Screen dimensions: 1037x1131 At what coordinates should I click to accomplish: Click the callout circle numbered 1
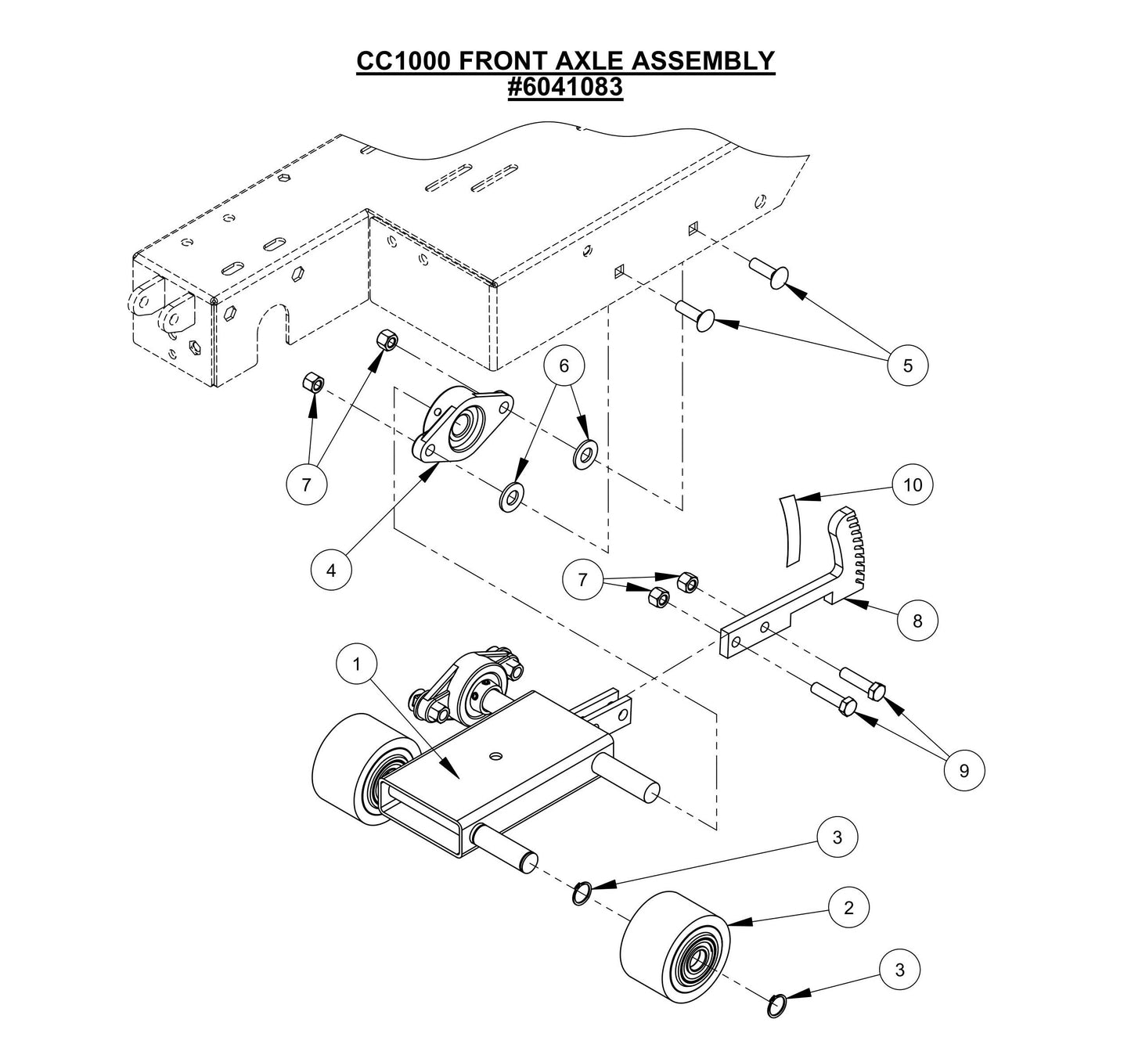(x=356, y=664)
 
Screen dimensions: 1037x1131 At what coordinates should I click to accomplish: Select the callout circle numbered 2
(x=848, y=907)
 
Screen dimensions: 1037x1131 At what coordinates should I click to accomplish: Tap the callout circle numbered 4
(x=331, y=570)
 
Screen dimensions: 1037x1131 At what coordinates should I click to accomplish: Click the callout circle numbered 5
(x=907, y=365)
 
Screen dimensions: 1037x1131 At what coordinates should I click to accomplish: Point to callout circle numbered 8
(x=917, y=621)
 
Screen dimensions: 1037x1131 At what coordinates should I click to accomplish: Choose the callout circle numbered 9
(x=964, y=771)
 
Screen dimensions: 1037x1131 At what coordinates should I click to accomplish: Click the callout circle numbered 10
(x=913, y=484)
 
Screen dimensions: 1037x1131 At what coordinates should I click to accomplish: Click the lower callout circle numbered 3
(x=899, y=970)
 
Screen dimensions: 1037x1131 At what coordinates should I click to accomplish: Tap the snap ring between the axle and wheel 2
(x=580, y=892)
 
